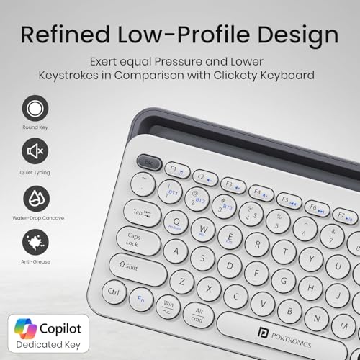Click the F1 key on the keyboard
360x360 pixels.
coord(177,170)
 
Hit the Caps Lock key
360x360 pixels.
coord(134,239)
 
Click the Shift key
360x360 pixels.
coord(138,267)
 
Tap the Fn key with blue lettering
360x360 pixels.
coord(142,297)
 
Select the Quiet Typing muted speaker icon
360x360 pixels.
coord(35,152)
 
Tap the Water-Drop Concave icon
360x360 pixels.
coord(35,197)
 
